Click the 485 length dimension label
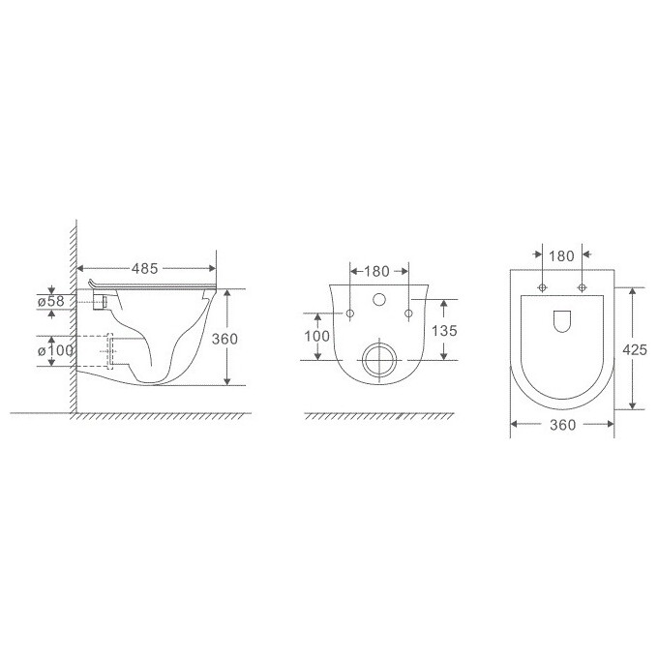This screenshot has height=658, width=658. [145, 269]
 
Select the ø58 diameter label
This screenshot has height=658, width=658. [50, 301]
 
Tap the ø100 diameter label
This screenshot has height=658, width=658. [55, 350]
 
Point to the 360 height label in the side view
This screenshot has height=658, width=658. [224, 339]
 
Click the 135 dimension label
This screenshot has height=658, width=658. [444, 331]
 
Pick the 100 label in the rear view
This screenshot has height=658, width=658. [316, 336]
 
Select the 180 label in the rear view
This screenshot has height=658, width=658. [376, 272]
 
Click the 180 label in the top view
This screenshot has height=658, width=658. [561, 256]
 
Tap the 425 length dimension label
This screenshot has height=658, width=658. [635, 349]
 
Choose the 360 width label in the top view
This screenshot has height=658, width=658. [563, 425]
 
